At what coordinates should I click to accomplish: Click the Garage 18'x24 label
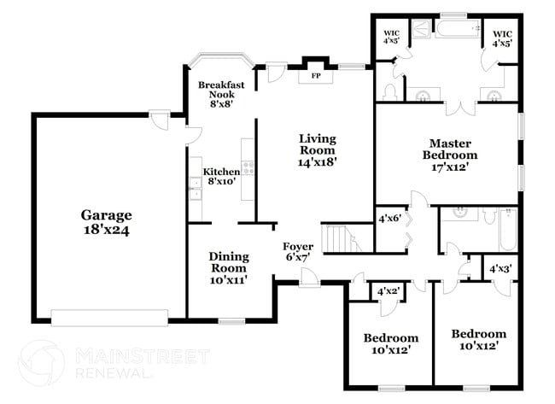click(107, 222)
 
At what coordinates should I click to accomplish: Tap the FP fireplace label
click(315, 76)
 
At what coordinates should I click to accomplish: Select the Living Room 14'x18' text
click(317, 150)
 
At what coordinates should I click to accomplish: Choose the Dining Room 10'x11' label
click(228, 268)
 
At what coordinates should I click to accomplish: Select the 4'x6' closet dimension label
click(389, 219)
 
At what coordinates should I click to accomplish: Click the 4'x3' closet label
click(500, 269)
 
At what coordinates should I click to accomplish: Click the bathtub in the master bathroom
click(459, 32)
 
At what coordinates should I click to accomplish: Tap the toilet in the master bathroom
click(389, 91)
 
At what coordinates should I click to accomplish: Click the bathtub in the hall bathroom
click(505, 229)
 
